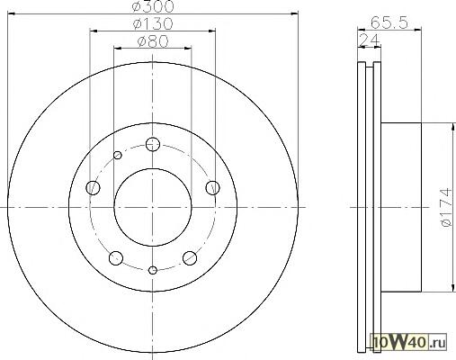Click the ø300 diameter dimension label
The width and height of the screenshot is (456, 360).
(x=153, y=6)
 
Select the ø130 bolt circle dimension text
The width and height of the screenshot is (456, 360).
(x=153, y=23)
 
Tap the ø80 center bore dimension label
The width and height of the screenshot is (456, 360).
(x=153, y=41)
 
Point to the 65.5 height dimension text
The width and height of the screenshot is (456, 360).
(x=389, y=22)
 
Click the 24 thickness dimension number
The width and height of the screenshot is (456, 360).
(x=369, y=40)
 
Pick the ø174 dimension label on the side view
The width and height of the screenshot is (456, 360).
(x=446, y=207)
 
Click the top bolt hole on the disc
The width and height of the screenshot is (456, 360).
(x=153, y=144)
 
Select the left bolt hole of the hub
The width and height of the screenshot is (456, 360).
(x=93, y=188)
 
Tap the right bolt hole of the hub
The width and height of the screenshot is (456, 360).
(x=212, y=188)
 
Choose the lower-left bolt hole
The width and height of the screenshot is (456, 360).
(x=116, y=258)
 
